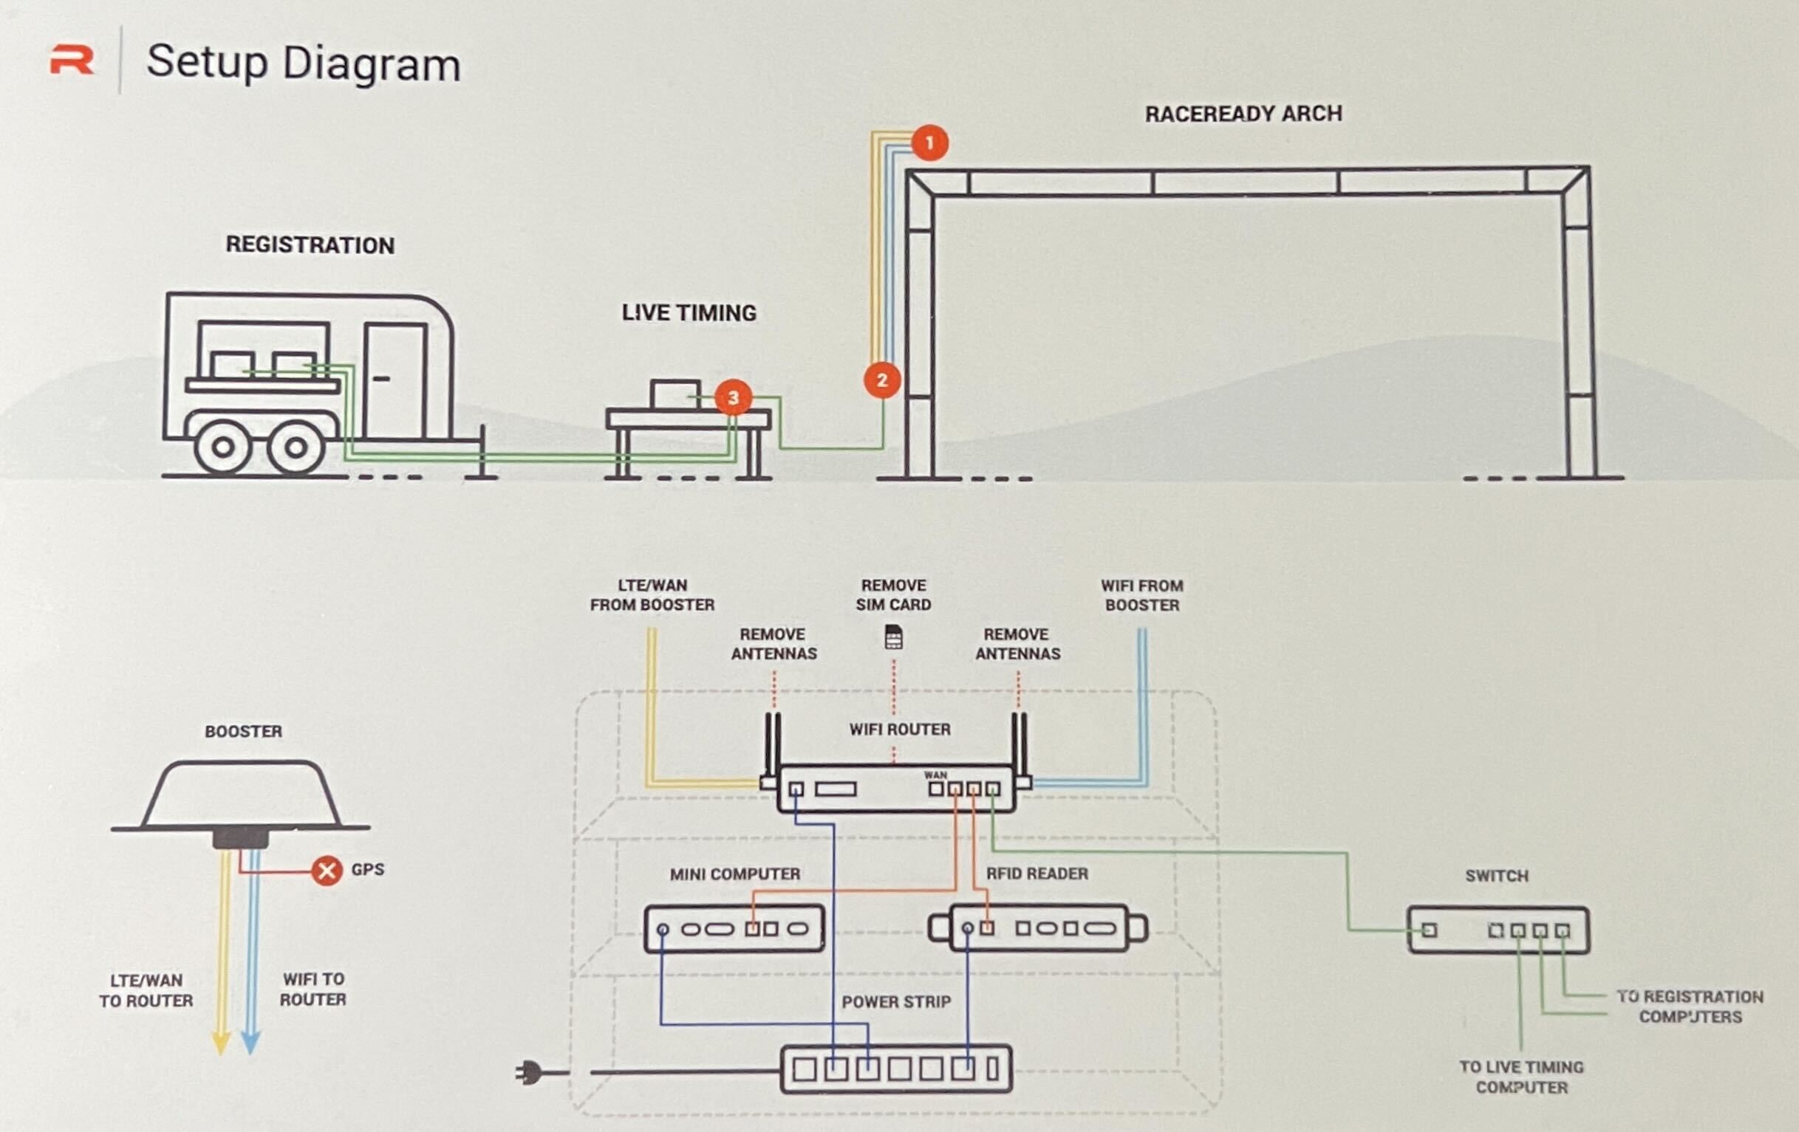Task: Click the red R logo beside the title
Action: pyautogui.click(x=72, y=61)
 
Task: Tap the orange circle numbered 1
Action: pyautogui.click(x=929, y=143)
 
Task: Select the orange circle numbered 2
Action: pyautogui.click(x=881, y=380)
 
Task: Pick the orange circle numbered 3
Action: pyautogui.click(x=733, y=397)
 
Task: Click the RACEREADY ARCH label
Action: pyautogui.click(x=1243, y=114)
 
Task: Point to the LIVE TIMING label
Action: pyautogui.click(x=689, y=313)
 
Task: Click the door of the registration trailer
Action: pyautogui.click(x=395, y=380)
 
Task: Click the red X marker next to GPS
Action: pyautogui.click(x=327, y=870)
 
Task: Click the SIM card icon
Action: pyautogui.click(x=893, y=638)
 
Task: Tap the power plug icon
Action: pyautogui.click(x=528, y=1073)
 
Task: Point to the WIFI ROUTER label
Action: pyautogui.click(x=900, y=730)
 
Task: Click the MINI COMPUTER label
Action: pyautogui.click(x=734, y=874)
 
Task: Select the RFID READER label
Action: pyautogui.click(x=1037, y=874)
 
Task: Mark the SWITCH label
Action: pyautogui.click(x=1496, y=876)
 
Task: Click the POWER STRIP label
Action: pyautogui.click(x=895, y=1002)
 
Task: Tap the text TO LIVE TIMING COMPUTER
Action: pyautogui.click(x=1521, y=1077)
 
